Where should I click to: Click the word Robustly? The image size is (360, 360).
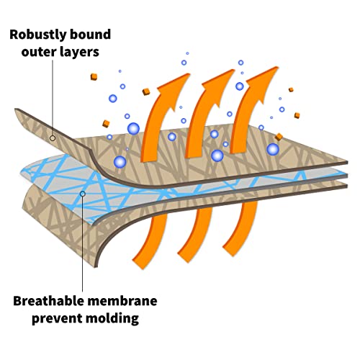tap(35, 35)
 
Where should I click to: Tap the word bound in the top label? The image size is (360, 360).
tap(87, 35)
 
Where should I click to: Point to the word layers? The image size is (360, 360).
tap(79, 53)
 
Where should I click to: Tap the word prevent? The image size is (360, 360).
tap(57, 319)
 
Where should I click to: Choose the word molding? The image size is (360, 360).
tap(112, 318)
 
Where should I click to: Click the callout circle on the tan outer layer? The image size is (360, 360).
tap(53, 138)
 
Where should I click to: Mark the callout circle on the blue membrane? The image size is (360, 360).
tap(83, 194)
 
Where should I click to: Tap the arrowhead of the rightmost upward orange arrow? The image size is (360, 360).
tap(264, 80)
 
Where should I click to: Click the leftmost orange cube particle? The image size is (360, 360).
tap(94, 77)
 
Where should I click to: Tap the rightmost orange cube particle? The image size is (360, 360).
tap(297, 115)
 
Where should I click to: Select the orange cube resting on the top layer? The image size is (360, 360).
tap(279, 137)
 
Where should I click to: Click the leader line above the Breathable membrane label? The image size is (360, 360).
tap(83, 244)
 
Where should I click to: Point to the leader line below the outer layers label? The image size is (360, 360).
tap(53, 98)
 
